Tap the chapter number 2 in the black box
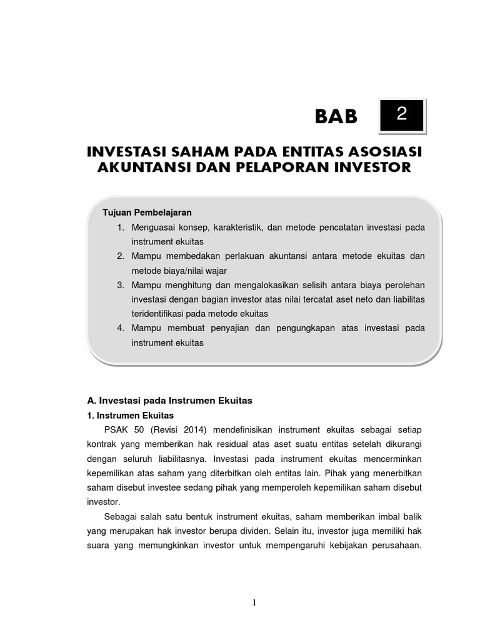point(402,114)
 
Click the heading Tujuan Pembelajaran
point(147,212)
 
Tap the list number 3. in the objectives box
point(121,284)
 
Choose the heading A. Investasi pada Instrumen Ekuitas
point(168,400)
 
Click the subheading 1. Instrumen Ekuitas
point(129,414)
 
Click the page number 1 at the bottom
point(254,602)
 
